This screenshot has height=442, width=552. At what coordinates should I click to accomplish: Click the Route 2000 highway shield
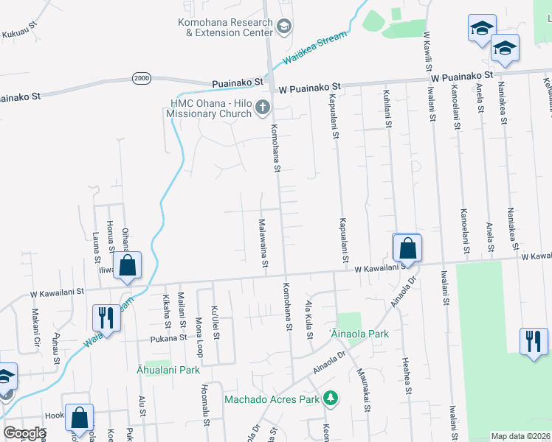[x=142, y=78]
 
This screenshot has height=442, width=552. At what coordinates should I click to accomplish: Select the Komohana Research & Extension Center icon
[x=283, y=28]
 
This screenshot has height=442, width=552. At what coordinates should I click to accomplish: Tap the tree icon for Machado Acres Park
[x=331, y=399]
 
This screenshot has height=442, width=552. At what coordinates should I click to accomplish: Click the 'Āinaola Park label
[x=359, y=334]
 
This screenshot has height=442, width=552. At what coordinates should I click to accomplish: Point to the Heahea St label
[x=406, y=376]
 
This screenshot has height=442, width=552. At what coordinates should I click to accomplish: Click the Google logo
[x=24, y=433]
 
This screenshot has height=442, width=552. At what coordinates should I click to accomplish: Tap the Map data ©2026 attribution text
[x=521, y=436]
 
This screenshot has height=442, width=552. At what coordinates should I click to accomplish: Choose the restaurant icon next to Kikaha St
[x=104, y=318]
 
